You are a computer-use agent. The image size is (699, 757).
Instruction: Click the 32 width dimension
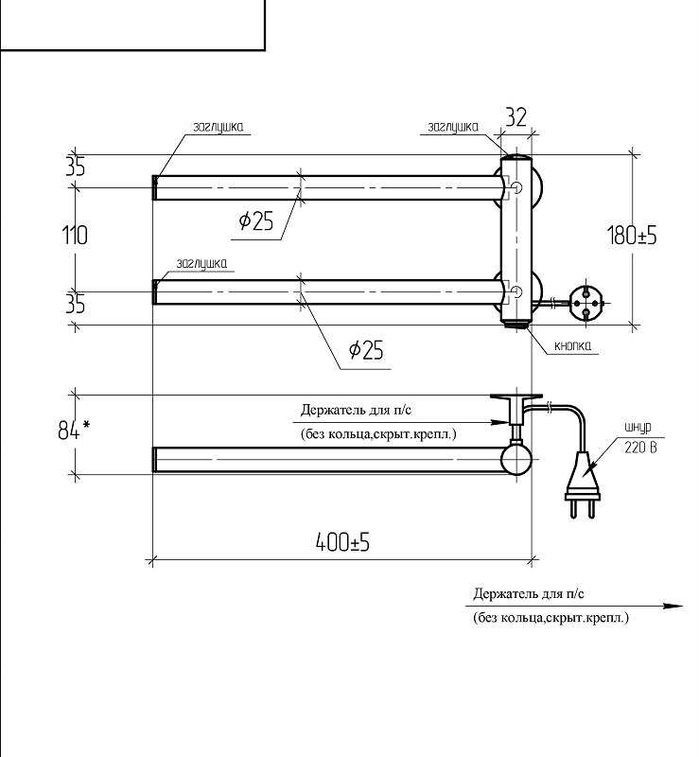point(516,118)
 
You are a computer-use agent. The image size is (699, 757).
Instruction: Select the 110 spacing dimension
point(75,235)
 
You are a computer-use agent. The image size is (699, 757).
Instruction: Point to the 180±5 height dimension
point(632,236)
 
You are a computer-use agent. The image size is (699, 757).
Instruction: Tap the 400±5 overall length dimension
point(341,542)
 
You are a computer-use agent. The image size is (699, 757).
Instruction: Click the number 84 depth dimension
point(67,431)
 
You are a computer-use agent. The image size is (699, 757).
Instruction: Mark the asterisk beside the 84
point(87,426)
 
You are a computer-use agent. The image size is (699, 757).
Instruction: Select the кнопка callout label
point(573,346)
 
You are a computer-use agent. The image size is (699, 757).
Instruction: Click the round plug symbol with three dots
point(585,302)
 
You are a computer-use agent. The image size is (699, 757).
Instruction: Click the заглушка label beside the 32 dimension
point(452,126)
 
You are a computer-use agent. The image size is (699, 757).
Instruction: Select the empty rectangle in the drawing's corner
point(131,24)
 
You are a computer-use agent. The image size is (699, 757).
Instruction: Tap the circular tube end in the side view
point(516,459)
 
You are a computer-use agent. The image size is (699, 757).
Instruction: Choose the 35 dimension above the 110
point(75,167)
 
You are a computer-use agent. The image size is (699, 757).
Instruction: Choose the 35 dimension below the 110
point(75,304)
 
